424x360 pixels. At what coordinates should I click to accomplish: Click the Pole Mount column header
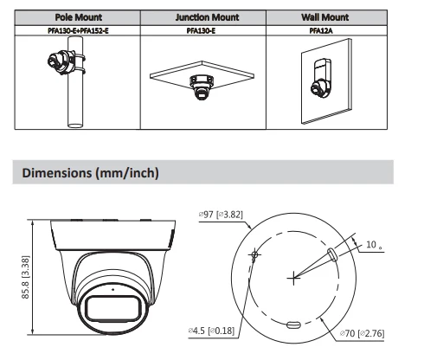[x=73, y=16]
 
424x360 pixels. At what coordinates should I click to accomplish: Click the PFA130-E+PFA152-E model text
[x=73, y=30]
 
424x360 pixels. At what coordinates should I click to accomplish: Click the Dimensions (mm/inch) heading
[x=90, y=173]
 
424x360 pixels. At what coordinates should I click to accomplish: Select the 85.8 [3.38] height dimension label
[x=25, y=274]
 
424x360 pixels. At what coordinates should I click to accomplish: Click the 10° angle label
[x=373, y=245]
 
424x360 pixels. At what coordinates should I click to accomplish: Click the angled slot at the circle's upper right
[x=331, y=252]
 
